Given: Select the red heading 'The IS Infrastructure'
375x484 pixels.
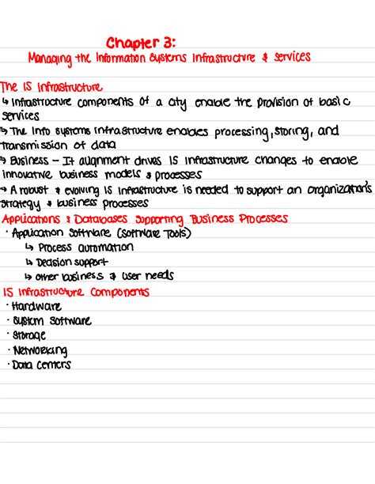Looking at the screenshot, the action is (x=52, y=86).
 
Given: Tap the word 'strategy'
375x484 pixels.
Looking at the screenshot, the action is (x=21, y=203).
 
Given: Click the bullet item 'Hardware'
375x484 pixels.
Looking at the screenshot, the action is (x=35, y=306).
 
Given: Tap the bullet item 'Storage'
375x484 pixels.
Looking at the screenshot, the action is (x=30, y=335).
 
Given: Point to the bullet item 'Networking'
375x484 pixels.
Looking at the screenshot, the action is (x=40, y=350).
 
